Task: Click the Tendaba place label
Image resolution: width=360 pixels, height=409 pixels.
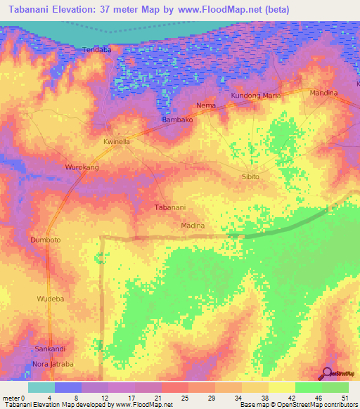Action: coord(98,50)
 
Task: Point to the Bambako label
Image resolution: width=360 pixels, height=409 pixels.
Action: coord(177,120)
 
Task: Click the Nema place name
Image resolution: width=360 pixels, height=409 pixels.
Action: coord(206,105)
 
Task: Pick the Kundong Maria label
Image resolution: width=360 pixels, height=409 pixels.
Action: coord(256,96)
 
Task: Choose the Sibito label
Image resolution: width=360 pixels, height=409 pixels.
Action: coord(250,176)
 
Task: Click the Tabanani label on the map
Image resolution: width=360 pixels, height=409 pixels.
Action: coord(169,207)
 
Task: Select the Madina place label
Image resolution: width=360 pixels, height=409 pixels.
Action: coord(193,226)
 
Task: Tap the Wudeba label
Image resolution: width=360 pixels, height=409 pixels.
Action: coord(49,299)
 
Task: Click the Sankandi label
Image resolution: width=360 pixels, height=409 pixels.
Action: coord(50,349)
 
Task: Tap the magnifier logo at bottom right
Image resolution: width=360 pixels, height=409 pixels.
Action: coord(326,375)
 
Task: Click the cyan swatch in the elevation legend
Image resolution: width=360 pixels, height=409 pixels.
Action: coord(41,387)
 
